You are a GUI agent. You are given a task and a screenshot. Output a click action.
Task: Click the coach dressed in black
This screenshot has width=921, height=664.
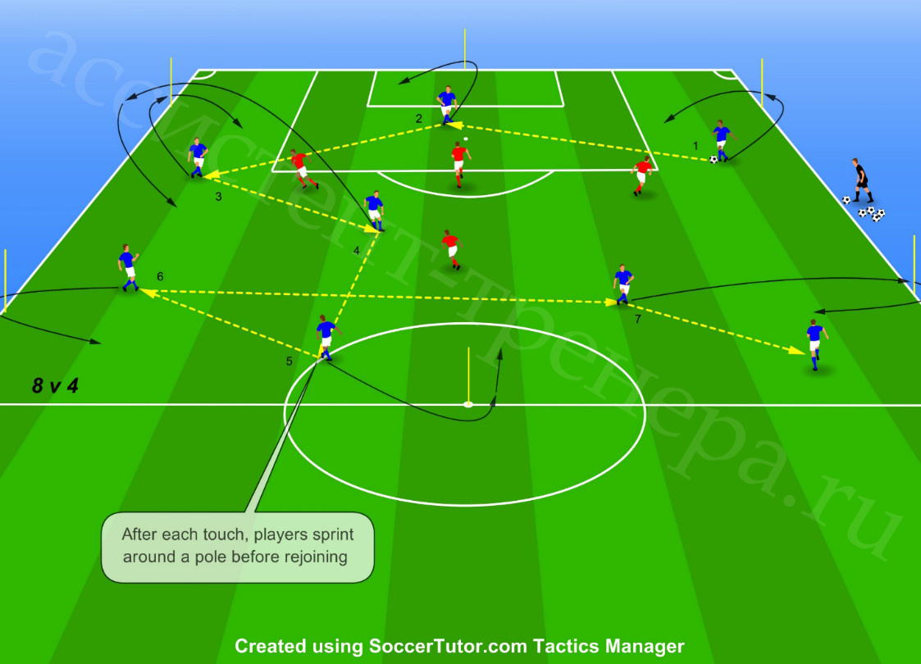coord(862,180)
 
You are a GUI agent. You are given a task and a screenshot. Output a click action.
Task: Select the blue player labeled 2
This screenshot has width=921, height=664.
coord(447,104)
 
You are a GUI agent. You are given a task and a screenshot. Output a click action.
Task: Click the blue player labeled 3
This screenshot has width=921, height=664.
coord(198,157)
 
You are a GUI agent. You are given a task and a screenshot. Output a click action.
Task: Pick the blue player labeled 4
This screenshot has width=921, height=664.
coord(374,210)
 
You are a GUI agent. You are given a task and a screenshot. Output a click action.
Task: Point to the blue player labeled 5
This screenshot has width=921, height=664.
coord(326,337)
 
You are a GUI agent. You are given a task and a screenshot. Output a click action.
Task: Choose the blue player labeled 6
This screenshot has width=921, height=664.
coord(128,268)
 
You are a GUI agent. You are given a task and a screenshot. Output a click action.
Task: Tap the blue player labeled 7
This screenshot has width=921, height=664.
coord(623,284)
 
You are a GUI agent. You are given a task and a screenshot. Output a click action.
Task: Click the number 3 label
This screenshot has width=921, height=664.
coord(218,197)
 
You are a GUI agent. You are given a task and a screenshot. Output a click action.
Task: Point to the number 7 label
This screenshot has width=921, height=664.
coord(638,319)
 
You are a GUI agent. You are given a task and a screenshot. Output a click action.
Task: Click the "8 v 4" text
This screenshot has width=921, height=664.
coord(55,386)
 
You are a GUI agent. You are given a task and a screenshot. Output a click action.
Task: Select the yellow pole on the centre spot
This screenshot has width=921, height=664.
coord(468,376)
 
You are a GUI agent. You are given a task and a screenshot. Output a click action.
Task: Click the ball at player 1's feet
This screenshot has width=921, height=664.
coord(713,159)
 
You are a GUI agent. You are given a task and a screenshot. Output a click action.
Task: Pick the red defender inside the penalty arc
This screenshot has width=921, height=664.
coord(459,164)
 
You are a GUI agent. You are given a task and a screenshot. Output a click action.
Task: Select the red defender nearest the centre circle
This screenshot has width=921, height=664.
coord(452,249)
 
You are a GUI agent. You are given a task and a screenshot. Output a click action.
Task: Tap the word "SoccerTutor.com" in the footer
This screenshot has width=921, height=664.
coord(448,646)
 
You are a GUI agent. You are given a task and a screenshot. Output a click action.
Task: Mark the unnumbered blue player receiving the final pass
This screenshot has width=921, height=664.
coord(815,344)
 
